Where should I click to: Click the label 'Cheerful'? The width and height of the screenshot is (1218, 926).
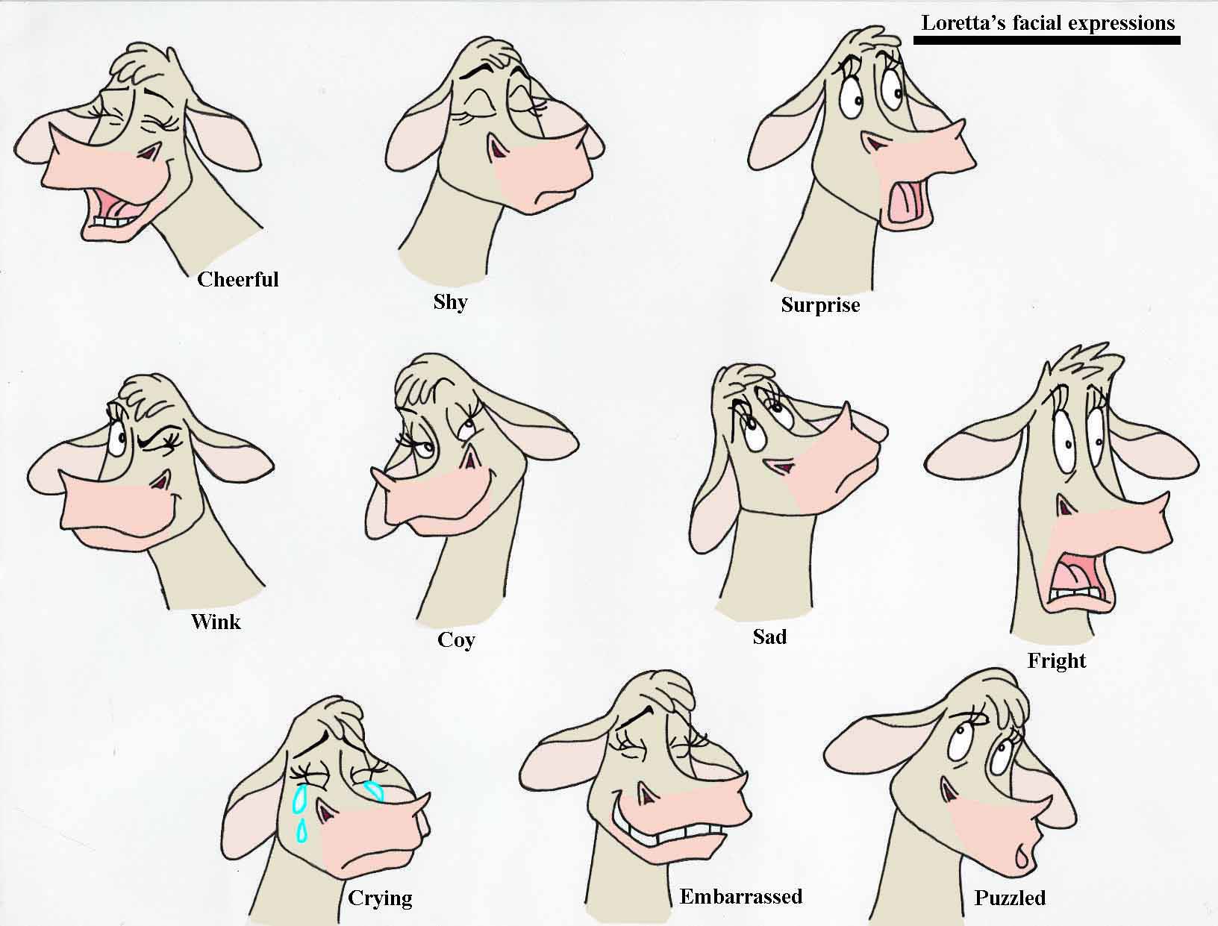coord(237,279)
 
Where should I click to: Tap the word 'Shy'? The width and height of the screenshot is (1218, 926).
coord(450,302)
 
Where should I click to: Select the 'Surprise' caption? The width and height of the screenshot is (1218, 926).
coord(820,305)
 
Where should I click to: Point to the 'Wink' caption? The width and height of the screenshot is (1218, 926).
coord(216,622)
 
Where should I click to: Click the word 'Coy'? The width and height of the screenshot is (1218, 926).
coord(456,640)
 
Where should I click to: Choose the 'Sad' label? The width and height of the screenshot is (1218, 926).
coord(769,636)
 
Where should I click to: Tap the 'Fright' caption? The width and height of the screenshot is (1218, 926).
coord(1057,661)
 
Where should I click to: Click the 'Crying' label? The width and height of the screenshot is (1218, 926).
coord(380,898)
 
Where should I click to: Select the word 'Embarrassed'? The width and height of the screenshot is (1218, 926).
coord(741,896)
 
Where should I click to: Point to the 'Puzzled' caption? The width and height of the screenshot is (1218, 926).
coord(1010,898)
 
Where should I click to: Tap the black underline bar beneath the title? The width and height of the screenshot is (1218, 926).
coord(1046,40)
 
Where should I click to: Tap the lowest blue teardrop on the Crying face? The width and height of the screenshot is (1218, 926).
coord(302,830)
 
